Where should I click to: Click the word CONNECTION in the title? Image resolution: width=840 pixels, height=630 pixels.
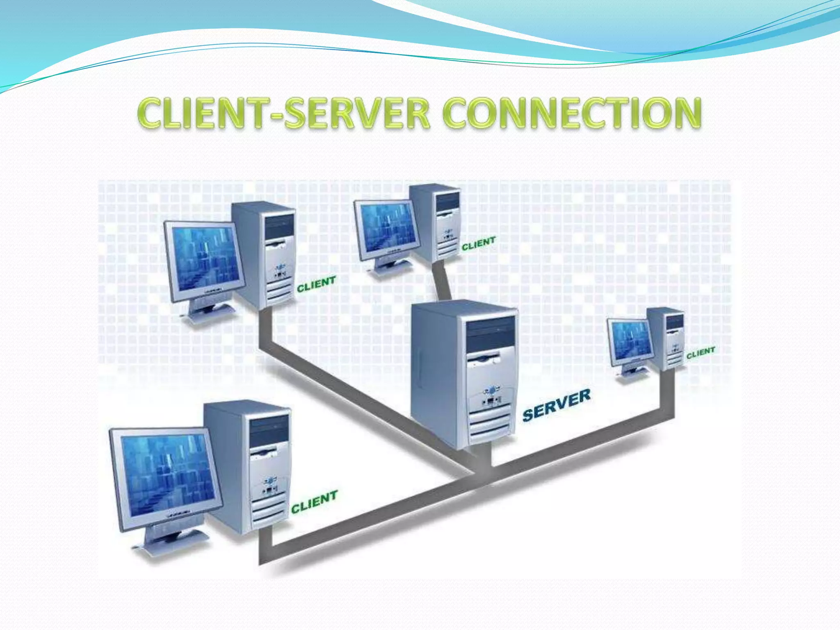coord(572,113)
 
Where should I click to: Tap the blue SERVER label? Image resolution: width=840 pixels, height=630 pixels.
coord(557,405)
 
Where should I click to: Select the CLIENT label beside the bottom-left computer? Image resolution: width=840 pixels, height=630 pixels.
coord(314,501)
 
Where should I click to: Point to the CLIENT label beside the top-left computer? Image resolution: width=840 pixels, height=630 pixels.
coord(316,284)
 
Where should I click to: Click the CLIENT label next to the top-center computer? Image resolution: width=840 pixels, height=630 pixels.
coord(478,243)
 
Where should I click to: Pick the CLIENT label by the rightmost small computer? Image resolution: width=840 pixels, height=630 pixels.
coord(701,352)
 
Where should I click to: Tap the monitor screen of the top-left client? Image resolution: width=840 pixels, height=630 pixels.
coord(205,256)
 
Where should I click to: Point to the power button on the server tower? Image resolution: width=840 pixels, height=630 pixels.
coord(491,389)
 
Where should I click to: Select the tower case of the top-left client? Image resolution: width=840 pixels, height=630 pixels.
coord(267,254)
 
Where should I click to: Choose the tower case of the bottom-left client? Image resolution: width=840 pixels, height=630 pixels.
coord(250,468)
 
